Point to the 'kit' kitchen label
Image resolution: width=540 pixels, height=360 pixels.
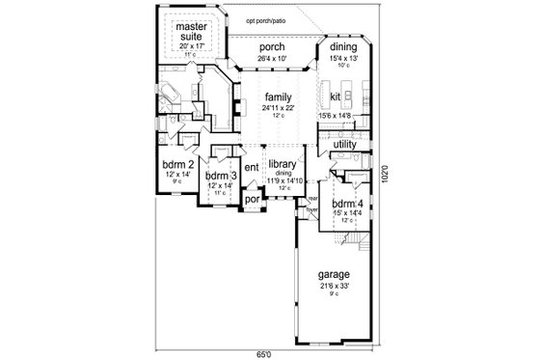[x=337, y=97]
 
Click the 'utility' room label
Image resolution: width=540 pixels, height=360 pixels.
[x=344, y=145]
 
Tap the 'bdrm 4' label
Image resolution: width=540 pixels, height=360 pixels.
[x=345, y=207]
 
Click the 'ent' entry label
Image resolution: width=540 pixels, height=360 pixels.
[x=252, y=168]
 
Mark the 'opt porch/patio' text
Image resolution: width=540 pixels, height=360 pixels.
[x=267, y=19]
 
